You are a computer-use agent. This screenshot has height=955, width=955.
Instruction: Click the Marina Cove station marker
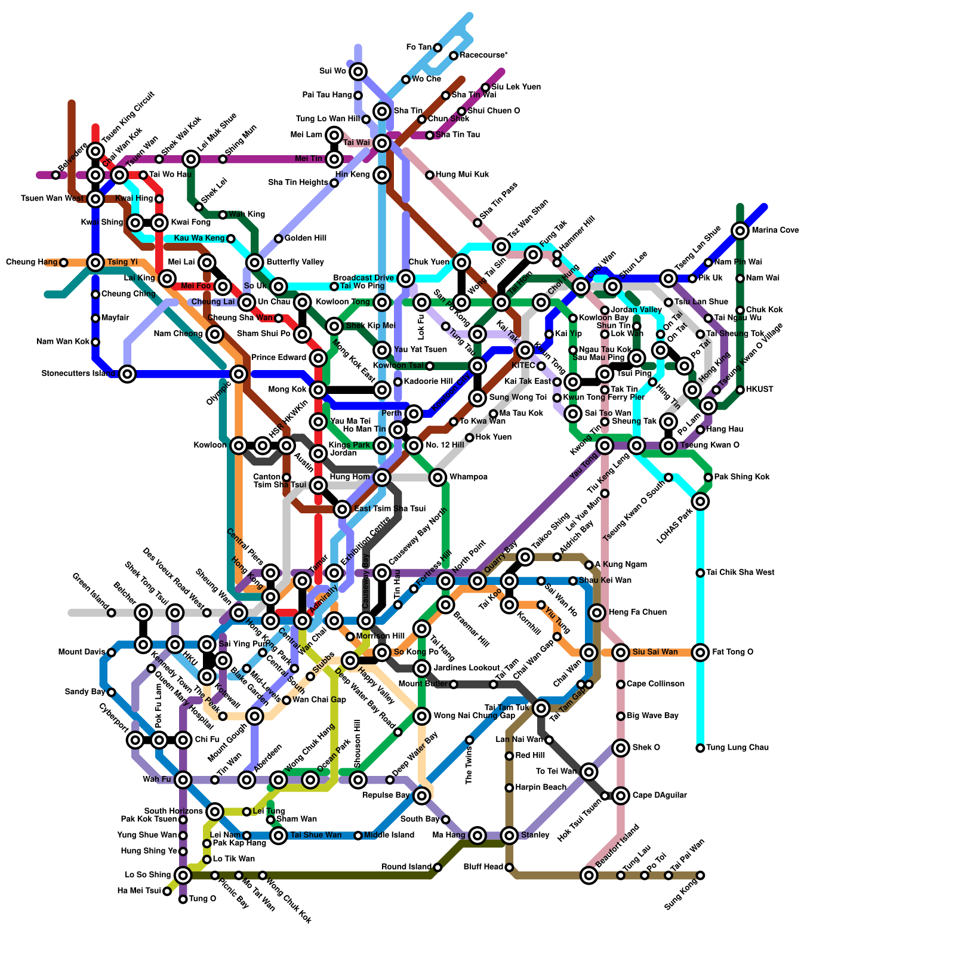coord(740,230)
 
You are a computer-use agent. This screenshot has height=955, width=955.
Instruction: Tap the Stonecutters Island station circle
coord(127,374)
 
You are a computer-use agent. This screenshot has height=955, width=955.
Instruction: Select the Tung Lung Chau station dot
coord(700,748)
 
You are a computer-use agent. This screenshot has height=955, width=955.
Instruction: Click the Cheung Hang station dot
coord(64,263)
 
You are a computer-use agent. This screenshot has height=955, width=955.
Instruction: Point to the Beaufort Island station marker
coord(589,875)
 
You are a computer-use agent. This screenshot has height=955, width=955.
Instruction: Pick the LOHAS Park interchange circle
coord(700,501)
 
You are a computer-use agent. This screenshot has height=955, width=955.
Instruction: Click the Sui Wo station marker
coord(358,72)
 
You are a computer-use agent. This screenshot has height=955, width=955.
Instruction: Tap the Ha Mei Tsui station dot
coord(167,891)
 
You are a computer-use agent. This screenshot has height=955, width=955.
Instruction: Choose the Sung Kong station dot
coord(700,875)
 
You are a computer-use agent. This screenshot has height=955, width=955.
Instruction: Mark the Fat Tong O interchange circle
coord(700,652)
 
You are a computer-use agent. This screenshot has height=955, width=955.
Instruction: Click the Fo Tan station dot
coord(438,48)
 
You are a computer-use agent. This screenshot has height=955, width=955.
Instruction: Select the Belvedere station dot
coord(56,175)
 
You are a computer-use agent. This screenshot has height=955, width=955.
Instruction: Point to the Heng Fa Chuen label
coord(637,612)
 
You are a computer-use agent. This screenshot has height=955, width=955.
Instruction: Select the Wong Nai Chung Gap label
coord(474,716)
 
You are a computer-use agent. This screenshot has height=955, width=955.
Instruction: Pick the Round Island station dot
coord(438,867)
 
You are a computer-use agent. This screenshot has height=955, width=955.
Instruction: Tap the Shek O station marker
coord(621,748)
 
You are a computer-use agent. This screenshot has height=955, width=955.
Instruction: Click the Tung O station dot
coord(183,899)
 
